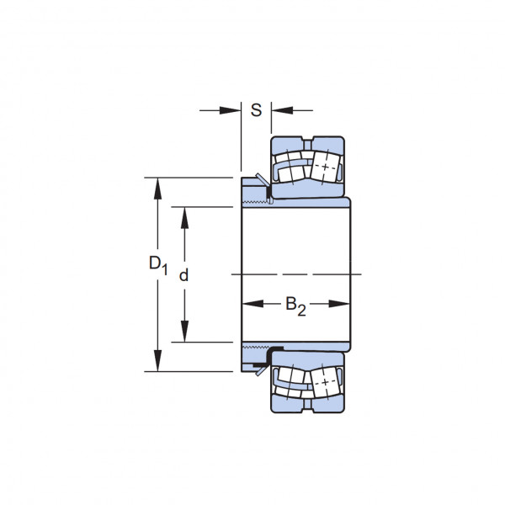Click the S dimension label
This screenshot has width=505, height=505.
coord(256,110)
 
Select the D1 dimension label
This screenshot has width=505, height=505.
coord(158,265)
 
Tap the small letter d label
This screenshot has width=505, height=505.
coord(183,276)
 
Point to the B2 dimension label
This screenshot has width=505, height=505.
coord(295,306)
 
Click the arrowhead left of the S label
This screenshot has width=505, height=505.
coord(230,110)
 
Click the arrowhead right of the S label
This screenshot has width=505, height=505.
coord(282,110)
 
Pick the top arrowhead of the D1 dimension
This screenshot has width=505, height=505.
coord(157,189)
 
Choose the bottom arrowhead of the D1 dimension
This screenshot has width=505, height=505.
coord(157,360)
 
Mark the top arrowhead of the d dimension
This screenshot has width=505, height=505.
coord(184,218)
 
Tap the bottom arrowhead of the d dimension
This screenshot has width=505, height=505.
coord(184,331)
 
